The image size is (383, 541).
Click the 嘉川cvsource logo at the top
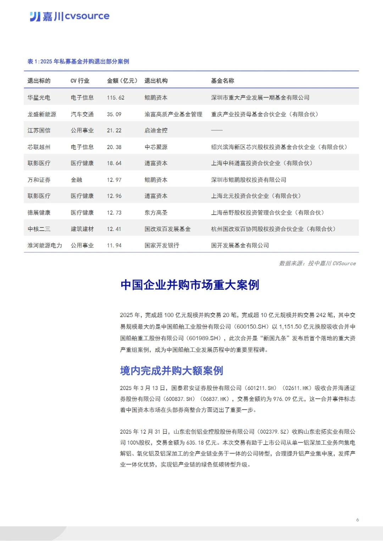pyautogui.click(x=70, y=16)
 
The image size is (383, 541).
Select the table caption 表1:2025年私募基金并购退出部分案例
pyautogui.click(x=78, y=62)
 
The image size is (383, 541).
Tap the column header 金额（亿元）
pyautogui.click(x=122, y=81)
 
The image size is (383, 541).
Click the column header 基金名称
pyautogui.click(x=222, y=81)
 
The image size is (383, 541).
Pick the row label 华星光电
pyautogui.click(x=39, y=98)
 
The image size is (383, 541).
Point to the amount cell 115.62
pyautogui.click(x=116, y=98)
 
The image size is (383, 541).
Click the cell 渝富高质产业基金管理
pyautogui.click(x=173, y=114)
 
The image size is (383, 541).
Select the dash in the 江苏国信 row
pyautogui.click(x=217, y=130)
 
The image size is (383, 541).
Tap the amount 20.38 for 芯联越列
pyautogui.click(x=114, y=147)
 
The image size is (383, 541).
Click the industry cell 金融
pyautogui.click(x=77, y=180)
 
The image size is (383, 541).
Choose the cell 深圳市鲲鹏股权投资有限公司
pyautogui.click(x=249, y=180)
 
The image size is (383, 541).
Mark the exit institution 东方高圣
pyautogui.click(x=156, y=213)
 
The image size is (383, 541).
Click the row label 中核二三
pyautogui.click(x=39, y=229)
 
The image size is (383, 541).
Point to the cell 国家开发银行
pyautogui.click(x=162, y=246)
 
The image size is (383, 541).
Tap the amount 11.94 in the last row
pyautogui.click(x=114, y=246)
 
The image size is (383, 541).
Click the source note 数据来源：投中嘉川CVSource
pyautogui.click(x=317, y=263)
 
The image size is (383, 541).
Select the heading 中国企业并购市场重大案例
pyautogui.click(x=190, y=285)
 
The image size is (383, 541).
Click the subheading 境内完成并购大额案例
pyautogui.click(x=172, y=371)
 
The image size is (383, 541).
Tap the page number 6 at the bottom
pyautogui.click(x=357, y=520)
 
